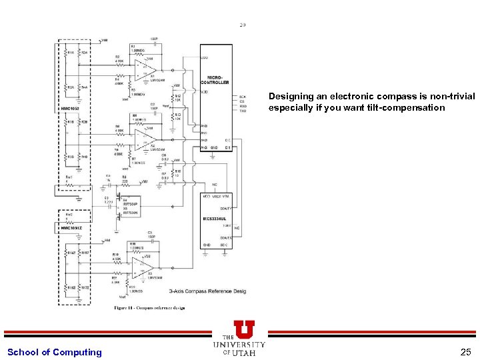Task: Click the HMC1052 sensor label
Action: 69,107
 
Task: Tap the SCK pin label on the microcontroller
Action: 243,97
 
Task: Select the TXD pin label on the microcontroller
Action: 243,111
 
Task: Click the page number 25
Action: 465,352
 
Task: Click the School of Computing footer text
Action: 55,352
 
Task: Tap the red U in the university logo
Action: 243,329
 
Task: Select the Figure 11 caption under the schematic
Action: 149,308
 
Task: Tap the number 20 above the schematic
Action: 242,25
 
